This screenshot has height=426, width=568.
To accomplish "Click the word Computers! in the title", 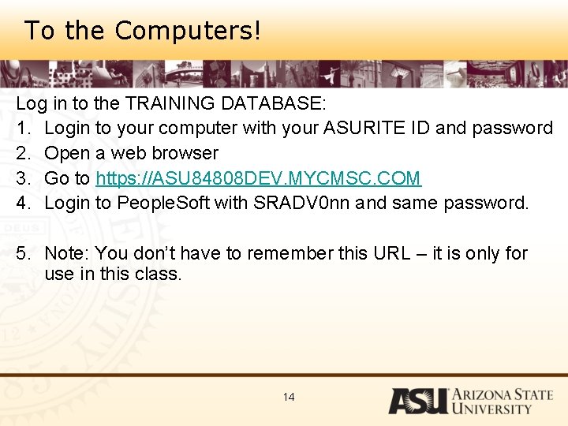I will pos(188,31).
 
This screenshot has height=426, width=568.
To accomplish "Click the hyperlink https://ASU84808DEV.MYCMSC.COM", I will pos(259,178).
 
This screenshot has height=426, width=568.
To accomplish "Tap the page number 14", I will pos(289,397).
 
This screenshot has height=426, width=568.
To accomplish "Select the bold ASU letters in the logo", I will pos(417,401).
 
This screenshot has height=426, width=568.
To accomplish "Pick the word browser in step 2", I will pos(186,153).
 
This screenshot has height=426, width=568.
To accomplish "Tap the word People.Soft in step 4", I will pos(163,204).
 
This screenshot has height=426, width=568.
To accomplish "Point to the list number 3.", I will pos(22,178).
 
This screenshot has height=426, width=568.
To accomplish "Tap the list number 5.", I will pos(22,253).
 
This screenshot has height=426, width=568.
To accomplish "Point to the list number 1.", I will pos(22,128).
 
